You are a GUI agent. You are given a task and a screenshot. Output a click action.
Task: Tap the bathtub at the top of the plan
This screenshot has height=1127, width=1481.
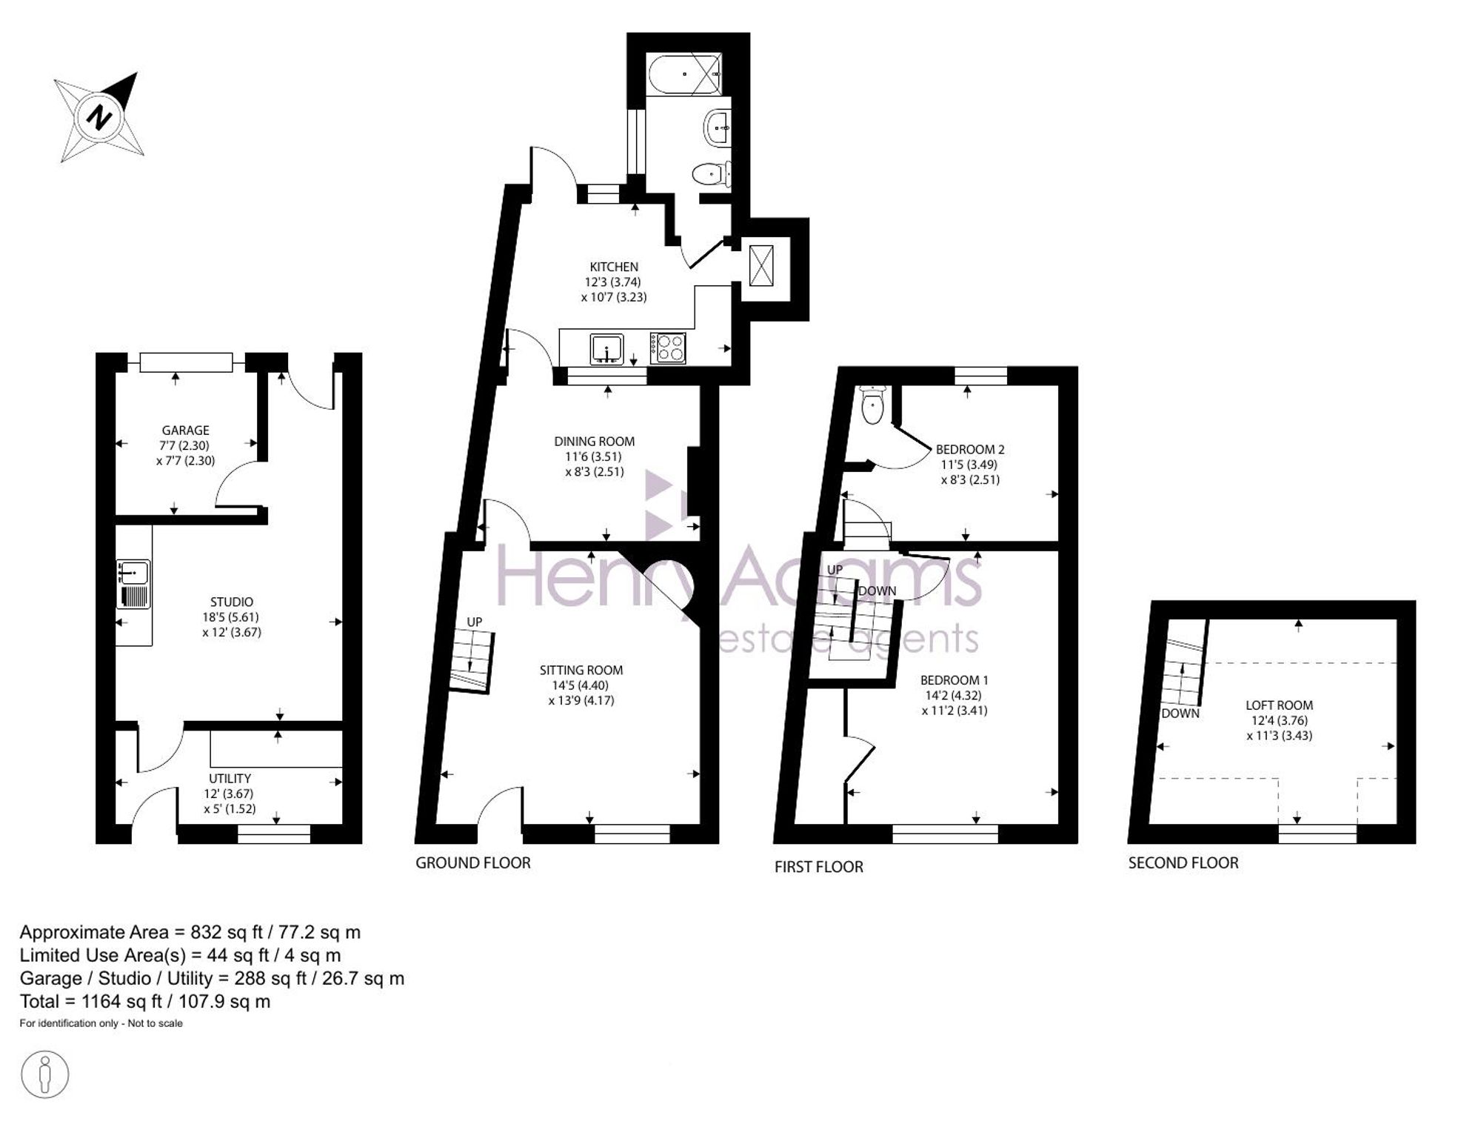click(684, 74)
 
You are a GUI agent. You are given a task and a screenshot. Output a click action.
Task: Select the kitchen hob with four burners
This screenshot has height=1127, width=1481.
click(668, 348)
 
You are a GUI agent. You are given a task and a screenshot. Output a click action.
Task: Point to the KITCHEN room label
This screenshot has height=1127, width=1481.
click(614, 267)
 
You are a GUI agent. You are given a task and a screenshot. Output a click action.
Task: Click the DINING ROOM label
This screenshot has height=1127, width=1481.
click(595, 442)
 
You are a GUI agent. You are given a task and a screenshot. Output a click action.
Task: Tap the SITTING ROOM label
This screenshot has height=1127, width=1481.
click(581, 671)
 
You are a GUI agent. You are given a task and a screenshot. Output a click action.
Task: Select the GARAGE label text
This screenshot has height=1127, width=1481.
click(186, 430)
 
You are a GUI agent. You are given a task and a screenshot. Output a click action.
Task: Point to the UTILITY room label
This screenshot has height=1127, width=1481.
click(230, 779)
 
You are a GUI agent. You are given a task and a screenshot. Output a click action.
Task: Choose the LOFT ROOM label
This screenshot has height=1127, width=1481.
click(1280, 705)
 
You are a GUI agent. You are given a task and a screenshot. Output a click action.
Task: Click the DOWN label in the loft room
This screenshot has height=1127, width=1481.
click(1180, 714)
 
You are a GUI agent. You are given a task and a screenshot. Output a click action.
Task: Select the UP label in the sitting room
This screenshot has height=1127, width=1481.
click(475, 622)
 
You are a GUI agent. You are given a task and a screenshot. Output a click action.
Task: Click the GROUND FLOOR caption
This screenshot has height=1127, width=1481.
click(473, 863)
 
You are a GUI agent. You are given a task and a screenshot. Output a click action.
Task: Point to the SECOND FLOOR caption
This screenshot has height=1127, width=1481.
click(1183, 863)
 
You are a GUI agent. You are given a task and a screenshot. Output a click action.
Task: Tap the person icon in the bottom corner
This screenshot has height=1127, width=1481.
click(45, 1074)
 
